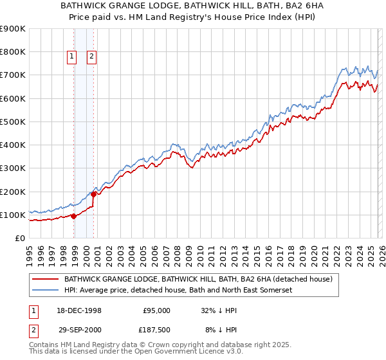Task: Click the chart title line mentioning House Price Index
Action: coord(192,17)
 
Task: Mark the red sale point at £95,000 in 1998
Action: coord(73,216)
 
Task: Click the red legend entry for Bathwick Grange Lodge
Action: coord(198,279)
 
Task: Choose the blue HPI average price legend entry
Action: coord(177,291)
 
